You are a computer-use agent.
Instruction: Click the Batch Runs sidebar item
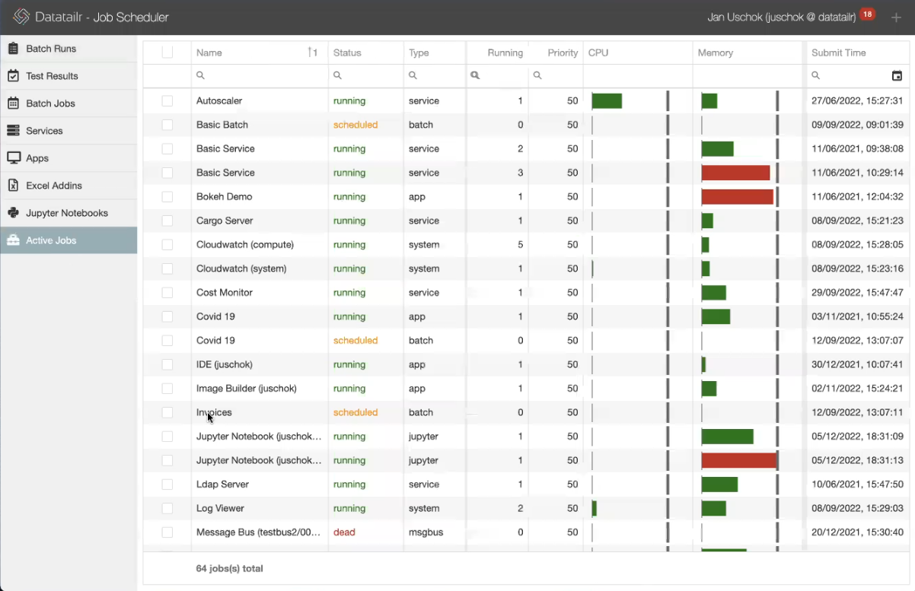click(x=51, y=49)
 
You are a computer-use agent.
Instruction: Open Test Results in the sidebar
click(x=52, y=76)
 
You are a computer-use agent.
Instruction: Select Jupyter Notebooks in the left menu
click(x=67, y=213)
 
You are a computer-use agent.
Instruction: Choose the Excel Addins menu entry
click(x=53, y=186)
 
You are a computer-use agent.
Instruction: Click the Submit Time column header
click(x=839, y=52)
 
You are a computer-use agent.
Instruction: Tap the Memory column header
click(x=716, y=52)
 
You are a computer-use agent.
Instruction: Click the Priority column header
click(x=563, y=52)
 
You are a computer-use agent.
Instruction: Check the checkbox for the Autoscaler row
click(x=167, y=101)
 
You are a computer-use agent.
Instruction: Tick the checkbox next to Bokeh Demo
click(x=167, y=197)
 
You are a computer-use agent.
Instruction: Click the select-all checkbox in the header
click(x=167, y=52)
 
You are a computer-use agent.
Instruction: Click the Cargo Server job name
click(x=225, y=221)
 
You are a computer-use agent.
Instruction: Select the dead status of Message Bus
click(x=344, y=532)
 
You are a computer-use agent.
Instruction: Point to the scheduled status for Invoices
click(x=355, y=412)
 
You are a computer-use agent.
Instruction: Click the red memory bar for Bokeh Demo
click(x=737, y=197)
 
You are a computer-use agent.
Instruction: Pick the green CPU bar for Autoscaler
click(x=607, y=101)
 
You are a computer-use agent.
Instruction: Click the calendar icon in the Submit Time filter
click(x=897, y=75)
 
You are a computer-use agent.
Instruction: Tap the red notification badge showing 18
click(x=867, y=14)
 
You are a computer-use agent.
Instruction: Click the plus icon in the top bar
click(x=896, y=17)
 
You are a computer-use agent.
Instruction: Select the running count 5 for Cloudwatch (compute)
click(x=521, y=245)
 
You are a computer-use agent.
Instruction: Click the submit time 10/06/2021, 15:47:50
click(x=857, y=485)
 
